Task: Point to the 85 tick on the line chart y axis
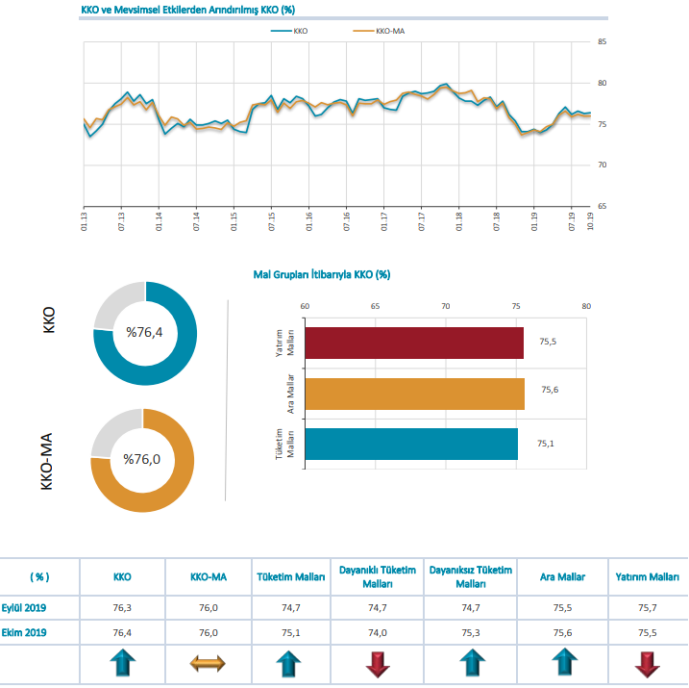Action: point(602,41)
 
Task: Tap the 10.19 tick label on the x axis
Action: point(589,220)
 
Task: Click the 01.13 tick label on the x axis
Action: point(84,220)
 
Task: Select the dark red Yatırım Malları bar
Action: point(413,344)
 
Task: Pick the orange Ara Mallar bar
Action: point(413,394)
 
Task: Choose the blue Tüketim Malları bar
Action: point(410,444)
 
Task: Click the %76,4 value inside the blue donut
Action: point(145,333)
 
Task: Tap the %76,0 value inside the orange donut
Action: point(142,460)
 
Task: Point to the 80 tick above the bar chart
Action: point(586,307)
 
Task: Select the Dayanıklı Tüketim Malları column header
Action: point(378,576)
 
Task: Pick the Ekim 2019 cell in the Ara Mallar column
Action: point(565,632)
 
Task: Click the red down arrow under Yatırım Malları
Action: point(646,663)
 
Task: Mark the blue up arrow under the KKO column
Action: point(122,663)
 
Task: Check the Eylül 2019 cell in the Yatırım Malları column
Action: point(648,607)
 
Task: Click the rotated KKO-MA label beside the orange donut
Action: point(47,461)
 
